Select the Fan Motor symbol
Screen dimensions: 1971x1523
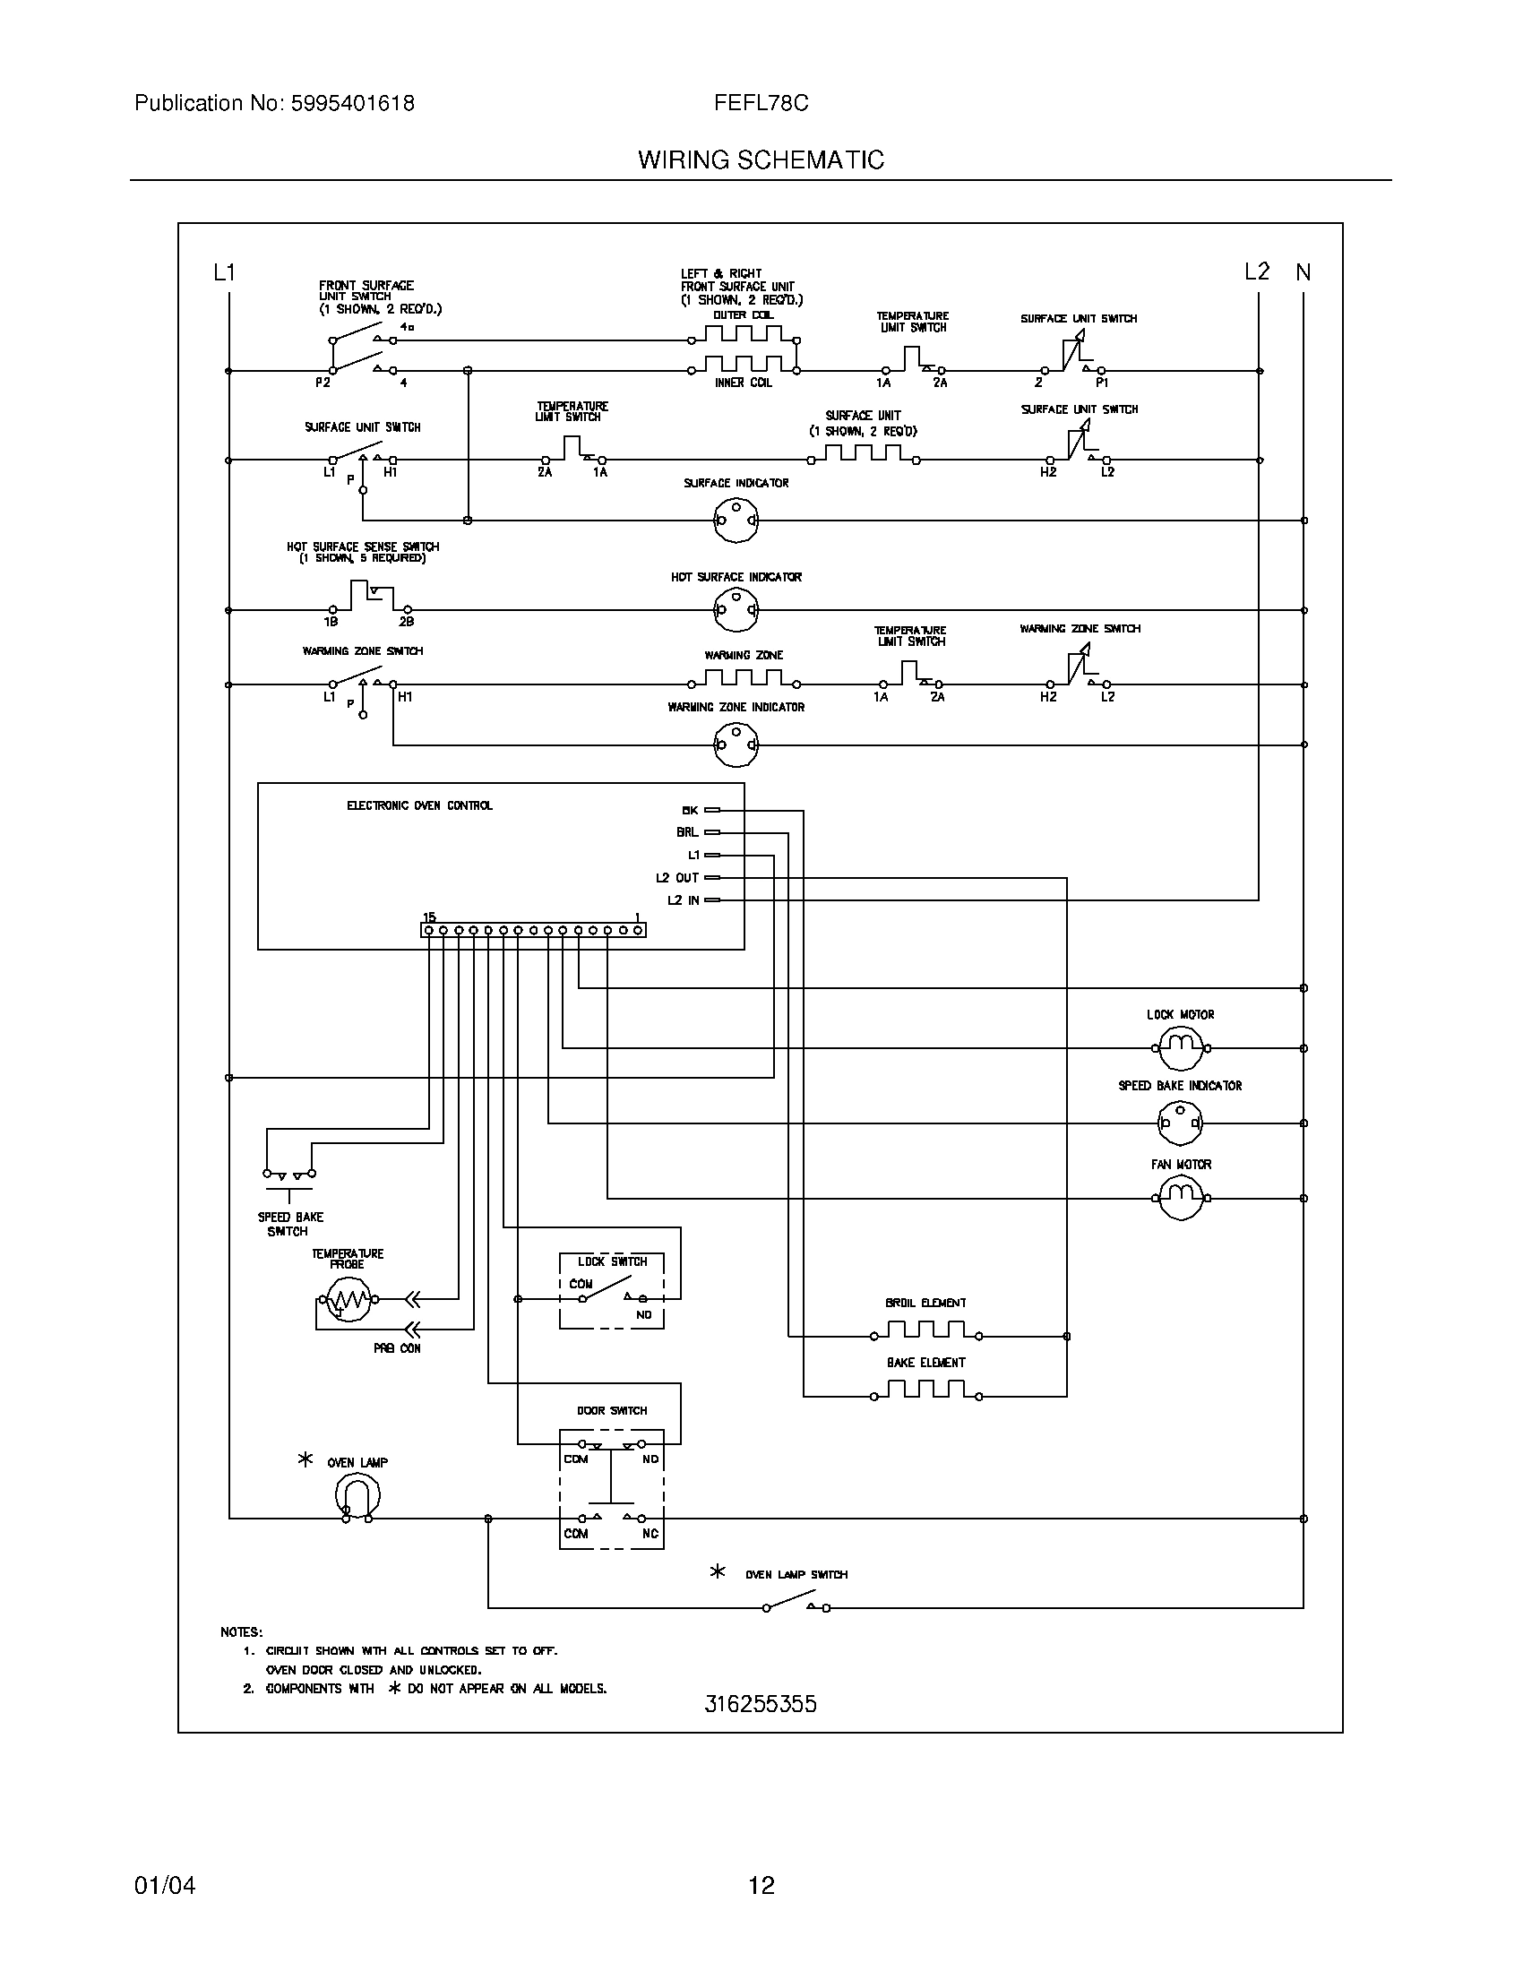[1181, 1198]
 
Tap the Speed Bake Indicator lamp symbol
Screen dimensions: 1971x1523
[1180, 1123]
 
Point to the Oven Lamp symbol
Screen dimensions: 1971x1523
[357, 1497]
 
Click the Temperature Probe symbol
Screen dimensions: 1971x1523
[348, 1300]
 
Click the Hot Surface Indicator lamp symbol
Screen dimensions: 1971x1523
[736, 610]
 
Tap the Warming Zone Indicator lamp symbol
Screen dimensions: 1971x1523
[736, 745]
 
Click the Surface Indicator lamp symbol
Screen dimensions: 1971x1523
[736, 520]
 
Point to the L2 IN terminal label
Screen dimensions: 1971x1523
[683, 899]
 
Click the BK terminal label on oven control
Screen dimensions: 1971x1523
[690, 811]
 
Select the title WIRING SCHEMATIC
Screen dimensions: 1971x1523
[761, 160]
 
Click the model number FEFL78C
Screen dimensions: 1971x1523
[761, 104]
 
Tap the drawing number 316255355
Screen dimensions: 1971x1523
[761, 1704]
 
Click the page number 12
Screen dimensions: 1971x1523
[761, 1885]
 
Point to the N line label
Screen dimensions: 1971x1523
[1303, 272]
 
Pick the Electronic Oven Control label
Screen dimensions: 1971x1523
[419, 806]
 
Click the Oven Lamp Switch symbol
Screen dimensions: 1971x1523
[796, 1607]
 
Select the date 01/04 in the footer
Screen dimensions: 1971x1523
[164, 1885]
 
